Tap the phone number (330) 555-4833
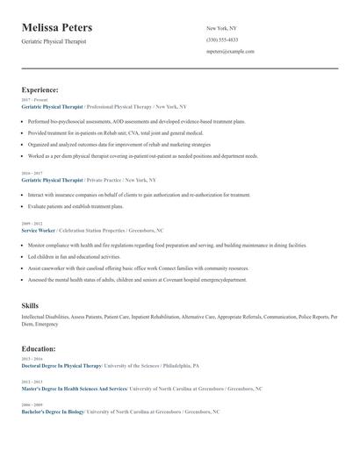tap(222, 39)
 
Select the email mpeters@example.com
tap(230, 51)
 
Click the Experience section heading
tap(40, 89)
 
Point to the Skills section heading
tap(30, 305)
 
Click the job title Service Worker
tap(40, 229)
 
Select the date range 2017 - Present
tap(34, 100)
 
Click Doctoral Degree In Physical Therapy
tap(61, 365)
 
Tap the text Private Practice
tap(104, 180)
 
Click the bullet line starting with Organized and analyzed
tap(119, 143)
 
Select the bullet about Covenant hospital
tap(137, 280)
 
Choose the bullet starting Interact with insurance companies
tap(126, 195)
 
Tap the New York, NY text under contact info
tap(221, 28)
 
